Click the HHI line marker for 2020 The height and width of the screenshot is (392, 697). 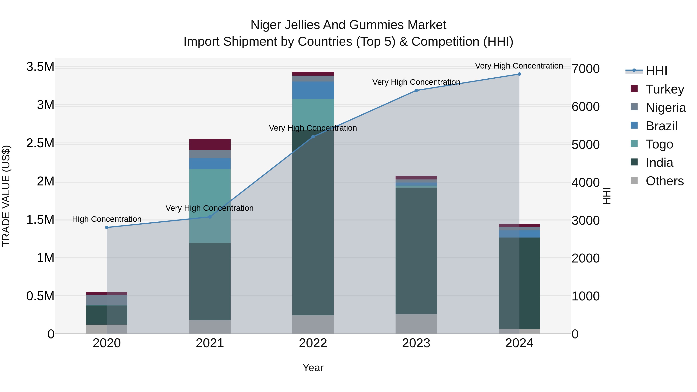click(107, 227)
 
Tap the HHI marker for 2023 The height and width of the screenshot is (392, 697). click(416, 91)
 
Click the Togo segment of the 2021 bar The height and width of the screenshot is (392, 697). click(210, 206)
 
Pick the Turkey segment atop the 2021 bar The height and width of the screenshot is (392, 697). click(210, 144)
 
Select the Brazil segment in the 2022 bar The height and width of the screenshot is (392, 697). click(313, 90)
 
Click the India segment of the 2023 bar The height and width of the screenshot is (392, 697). click(416, 251)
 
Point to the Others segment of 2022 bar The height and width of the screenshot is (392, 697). click(313, 324)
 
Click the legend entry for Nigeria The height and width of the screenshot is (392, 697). click(666, 108)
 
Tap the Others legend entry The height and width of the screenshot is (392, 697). click(664, 181)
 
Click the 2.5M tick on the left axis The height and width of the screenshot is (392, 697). click(40, 143)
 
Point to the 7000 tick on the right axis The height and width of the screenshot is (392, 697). click(585, 69)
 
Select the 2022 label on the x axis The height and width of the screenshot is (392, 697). click(313, 343)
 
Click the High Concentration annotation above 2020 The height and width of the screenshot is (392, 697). click(107, 219)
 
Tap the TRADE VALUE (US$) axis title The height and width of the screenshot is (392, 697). click(6, 196)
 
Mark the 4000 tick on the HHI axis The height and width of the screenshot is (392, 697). click(585, 183)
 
